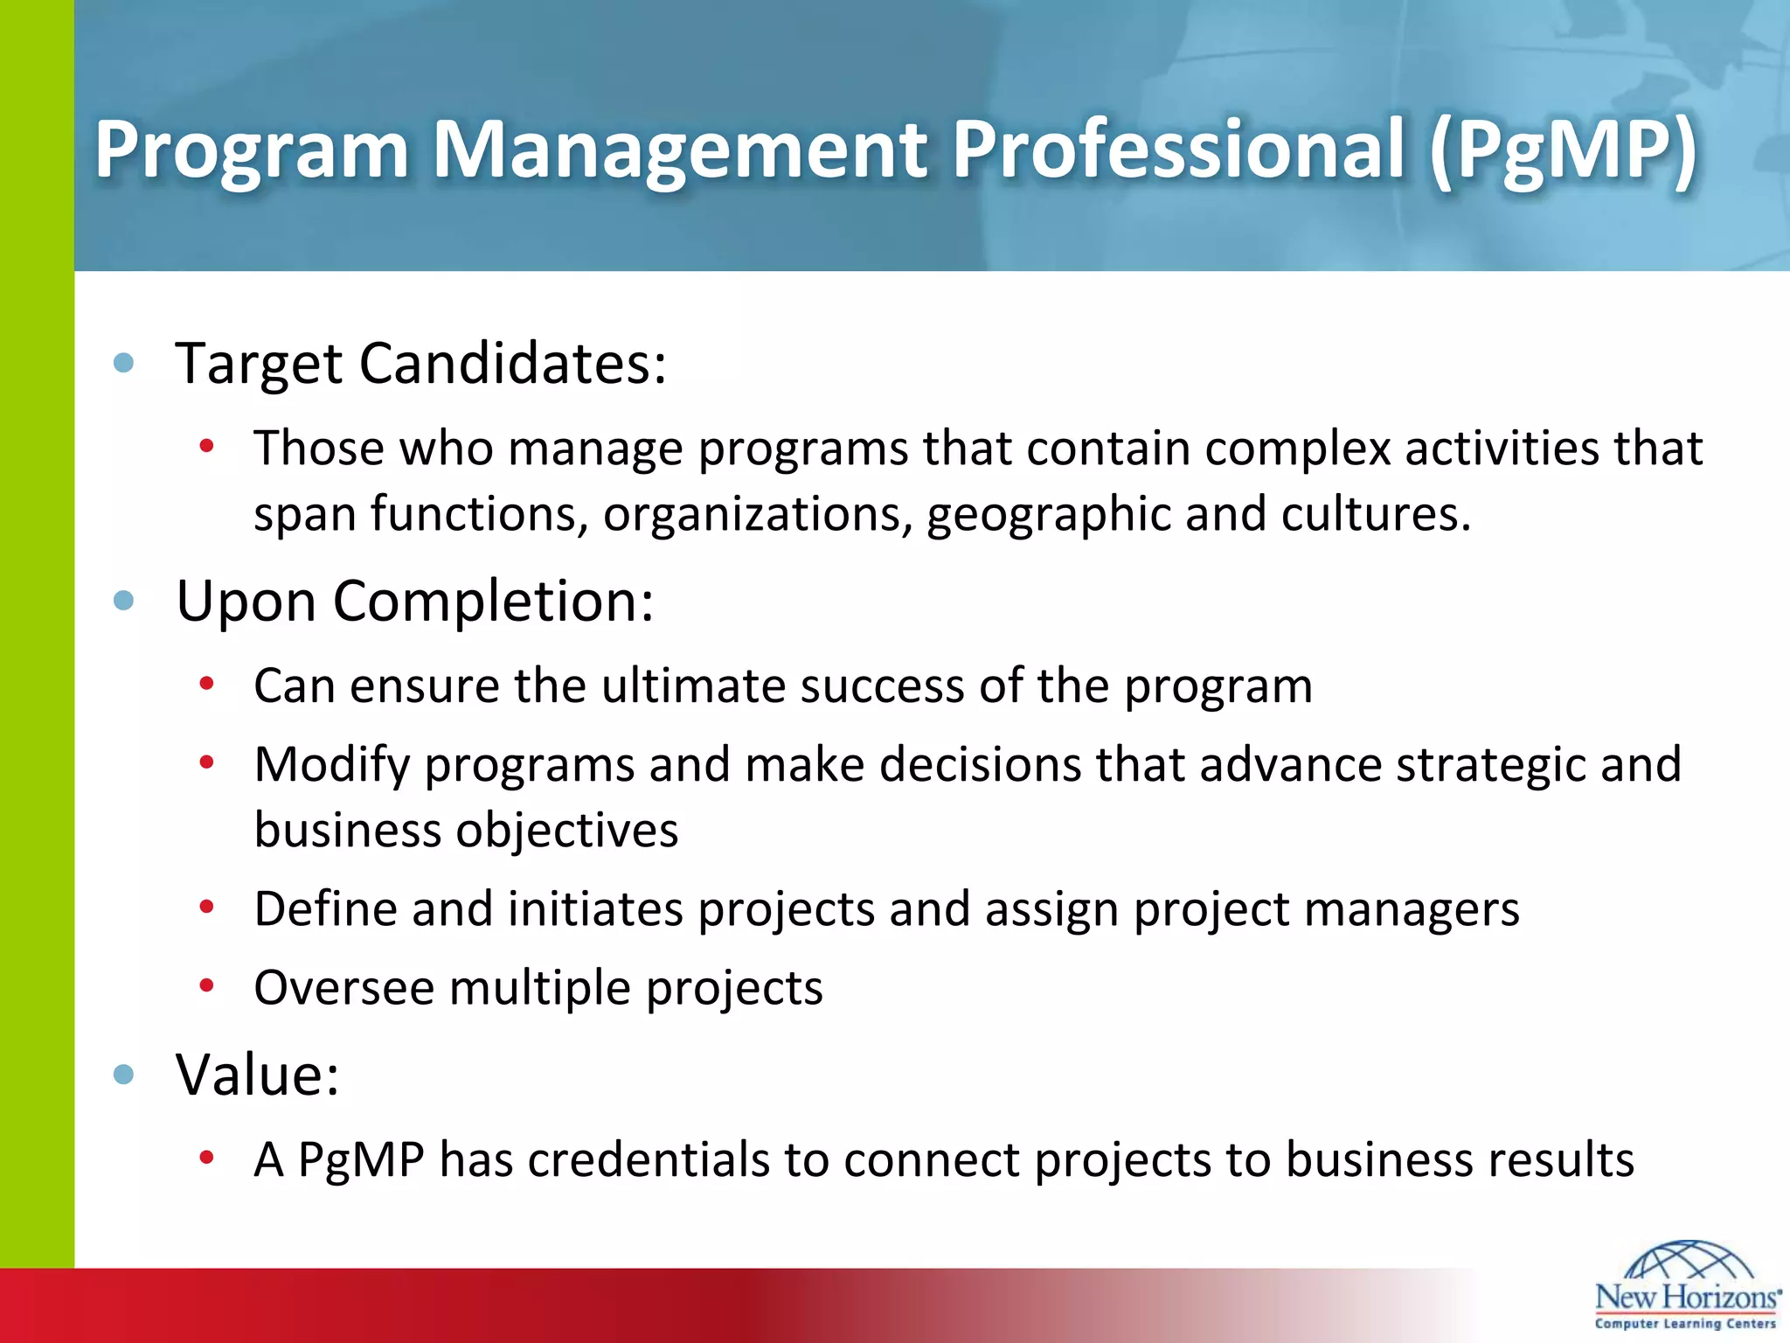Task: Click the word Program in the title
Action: click(252, 150)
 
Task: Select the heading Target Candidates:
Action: click(420, 364)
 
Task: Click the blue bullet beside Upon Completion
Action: click(124, 601)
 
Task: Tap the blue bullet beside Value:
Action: click(124, 1074)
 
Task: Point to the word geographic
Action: click(1048, 514)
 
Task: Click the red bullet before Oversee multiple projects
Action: click(206, 986)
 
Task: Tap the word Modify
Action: click(331, 765)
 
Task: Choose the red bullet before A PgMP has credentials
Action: click(206, 1159)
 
